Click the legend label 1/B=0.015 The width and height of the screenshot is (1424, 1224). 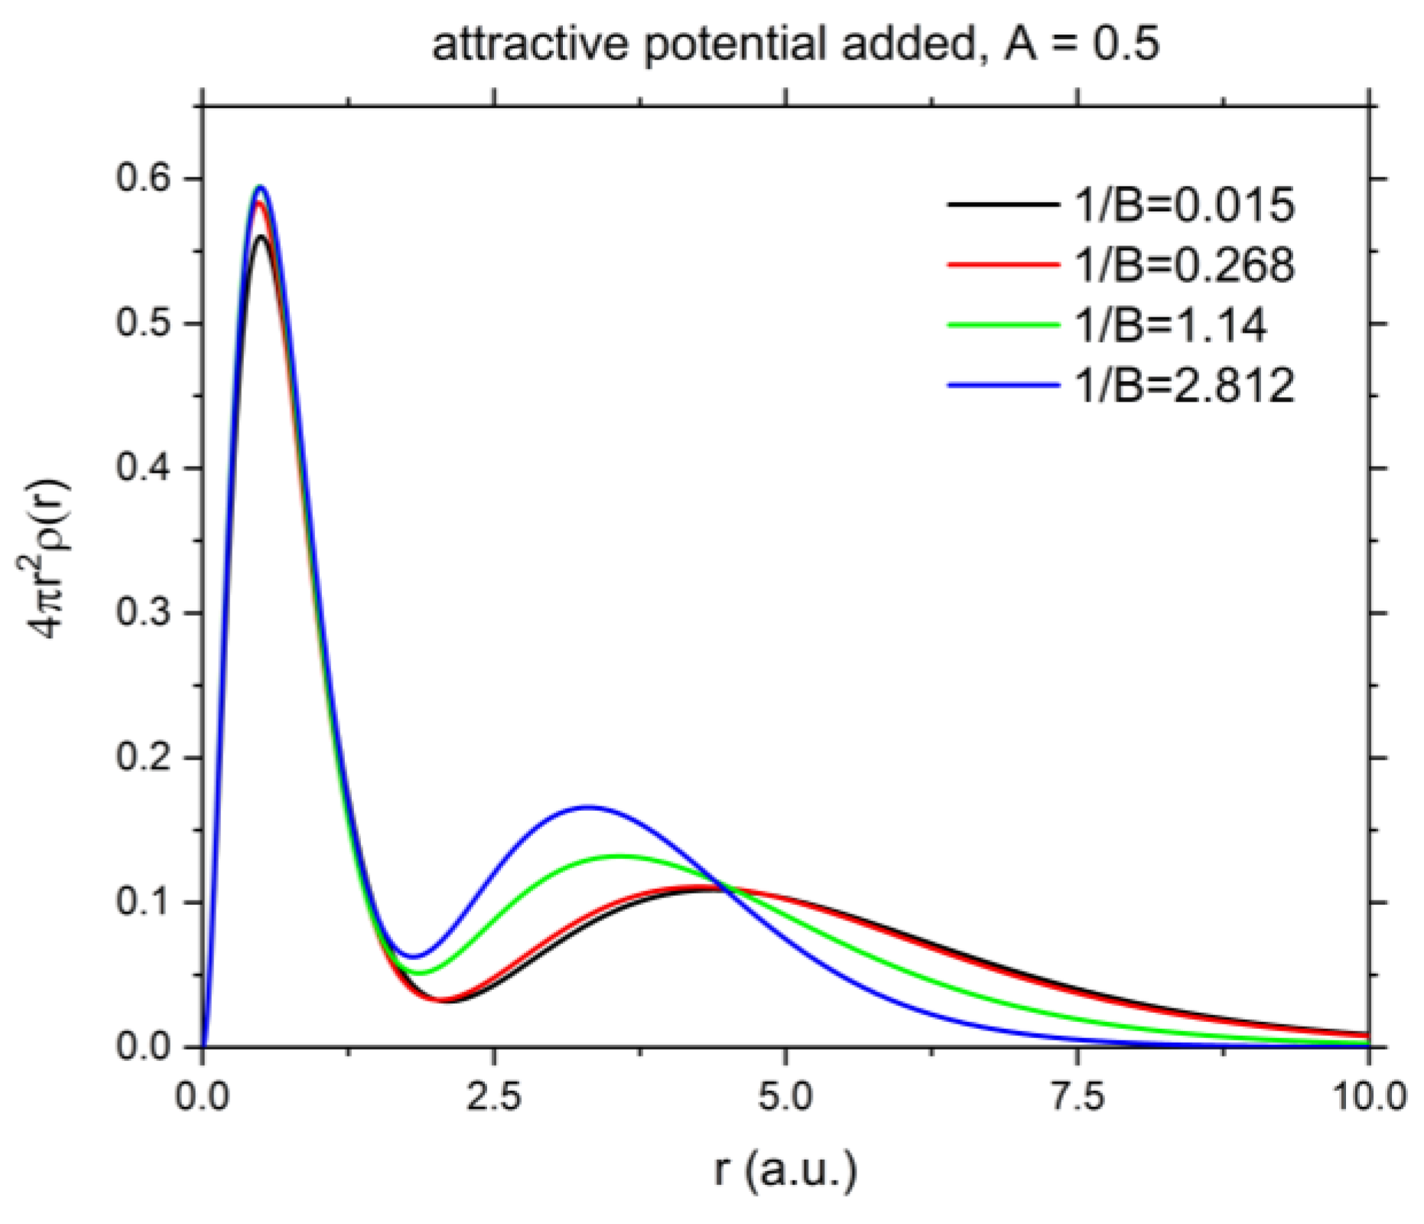[x=1184, y=205]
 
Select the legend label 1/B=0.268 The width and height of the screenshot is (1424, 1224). [x=1184, y=265]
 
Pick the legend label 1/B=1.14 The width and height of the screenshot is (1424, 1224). [x=1170, y=324]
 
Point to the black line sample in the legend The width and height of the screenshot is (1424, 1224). [x=1003, y=204]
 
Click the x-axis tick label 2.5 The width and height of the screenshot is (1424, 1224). [x=494, y=1096]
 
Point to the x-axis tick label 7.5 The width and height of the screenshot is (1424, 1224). [x=1078, y=1096]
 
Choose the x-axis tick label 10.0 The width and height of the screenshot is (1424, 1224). [x=1368, y=1096]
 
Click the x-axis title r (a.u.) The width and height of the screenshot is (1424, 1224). [x=785, y=1169]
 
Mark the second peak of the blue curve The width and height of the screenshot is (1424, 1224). [x=587, y=806]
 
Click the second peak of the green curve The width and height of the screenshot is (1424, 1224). [x=621, y=856]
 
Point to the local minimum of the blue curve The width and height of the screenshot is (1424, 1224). [x=414, y=956]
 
